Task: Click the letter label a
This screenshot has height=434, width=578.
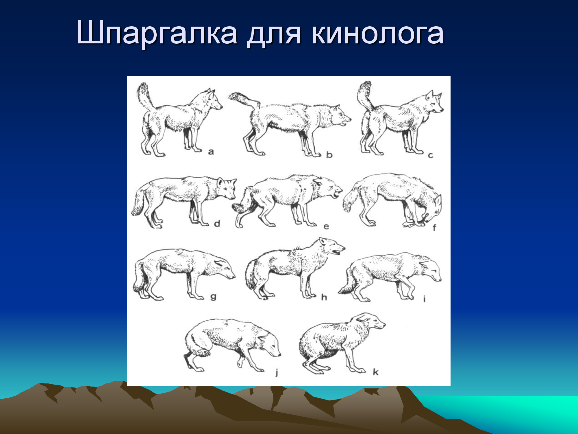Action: [x=211, y=152]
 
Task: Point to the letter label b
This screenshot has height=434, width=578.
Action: [x=329, y=155]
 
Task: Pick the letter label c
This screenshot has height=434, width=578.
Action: [x=431, y=156]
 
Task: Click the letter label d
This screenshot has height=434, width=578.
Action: [x=217, y=223]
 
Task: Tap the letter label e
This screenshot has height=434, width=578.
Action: [x=326, y=227]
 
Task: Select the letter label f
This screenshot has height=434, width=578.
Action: [x=434, y=228]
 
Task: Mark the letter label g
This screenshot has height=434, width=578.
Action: [x=213, y=297]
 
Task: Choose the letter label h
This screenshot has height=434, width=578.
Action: [x=324, y=297]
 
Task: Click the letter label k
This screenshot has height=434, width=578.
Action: [x=375, y=372]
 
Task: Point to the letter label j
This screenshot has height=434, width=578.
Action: [x=277, y=372]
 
